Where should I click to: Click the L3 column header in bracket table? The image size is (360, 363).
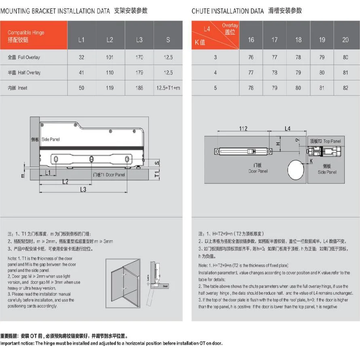pos(139,40)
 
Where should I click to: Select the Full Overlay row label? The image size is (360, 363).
pos(24,57)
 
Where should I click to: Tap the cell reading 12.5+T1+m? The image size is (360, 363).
pos(168,88)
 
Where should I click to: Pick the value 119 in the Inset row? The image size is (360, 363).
pos(109,88)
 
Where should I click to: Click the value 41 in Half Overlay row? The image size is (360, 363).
pos(82,72)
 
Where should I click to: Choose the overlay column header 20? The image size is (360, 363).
pos(345,40)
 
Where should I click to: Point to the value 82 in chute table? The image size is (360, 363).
pos(345,88)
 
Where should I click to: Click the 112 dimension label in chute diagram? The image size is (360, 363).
pos(243,129)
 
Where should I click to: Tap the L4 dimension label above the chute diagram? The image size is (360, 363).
pos(287,129)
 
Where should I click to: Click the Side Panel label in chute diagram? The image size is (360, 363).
pos(327,169)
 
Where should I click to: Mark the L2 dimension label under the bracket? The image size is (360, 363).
pos(65,182)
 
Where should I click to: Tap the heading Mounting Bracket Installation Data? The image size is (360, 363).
pos(55,11)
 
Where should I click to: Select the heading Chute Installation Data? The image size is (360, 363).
pos(228,11)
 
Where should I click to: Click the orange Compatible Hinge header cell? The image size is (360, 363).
pos(34,36)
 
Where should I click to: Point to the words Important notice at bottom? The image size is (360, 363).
pos(17,344)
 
